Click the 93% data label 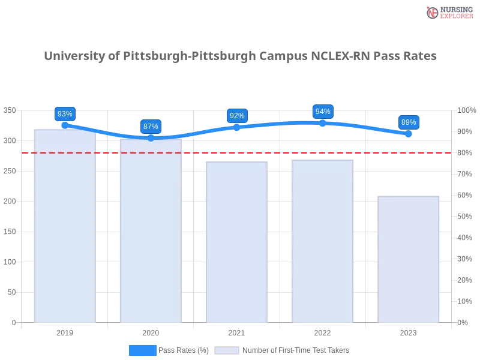pyautogui.click(x=65, y=114)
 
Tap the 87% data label pyautogui.click(x=151, y=127)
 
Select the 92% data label pyautogui.click(x=237, y=115)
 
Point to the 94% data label pyautogui.click(x=323, y=112)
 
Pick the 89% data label pyautogui.click(x=409, y=122)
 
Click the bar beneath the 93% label pyautogui.click(x=65, y=228)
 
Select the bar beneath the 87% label pyautogui.click(x=151, y=234)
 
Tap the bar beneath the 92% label pyautogui.click(x=237, y=243)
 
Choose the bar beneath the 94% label pyautogui.click(x=323, y=243)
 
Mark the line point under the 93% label pyautogui.click(x=65, y=125)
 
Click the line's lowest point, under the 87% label pyautogui.click(x=151, y=138)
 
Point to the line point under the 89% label pyautogui.click(x=409, y=134)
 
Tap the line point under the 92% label pyautogui.click(x=237, y=127)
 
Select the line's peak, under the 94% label pyautogui.click(x=323, y=122)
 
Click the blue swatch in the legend pyautogui.click(x=142, y=350)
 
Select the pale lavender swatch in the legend pyautogui.click(x=227, y=350)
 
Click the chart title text pyautogui.click(x=240, y=56)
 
